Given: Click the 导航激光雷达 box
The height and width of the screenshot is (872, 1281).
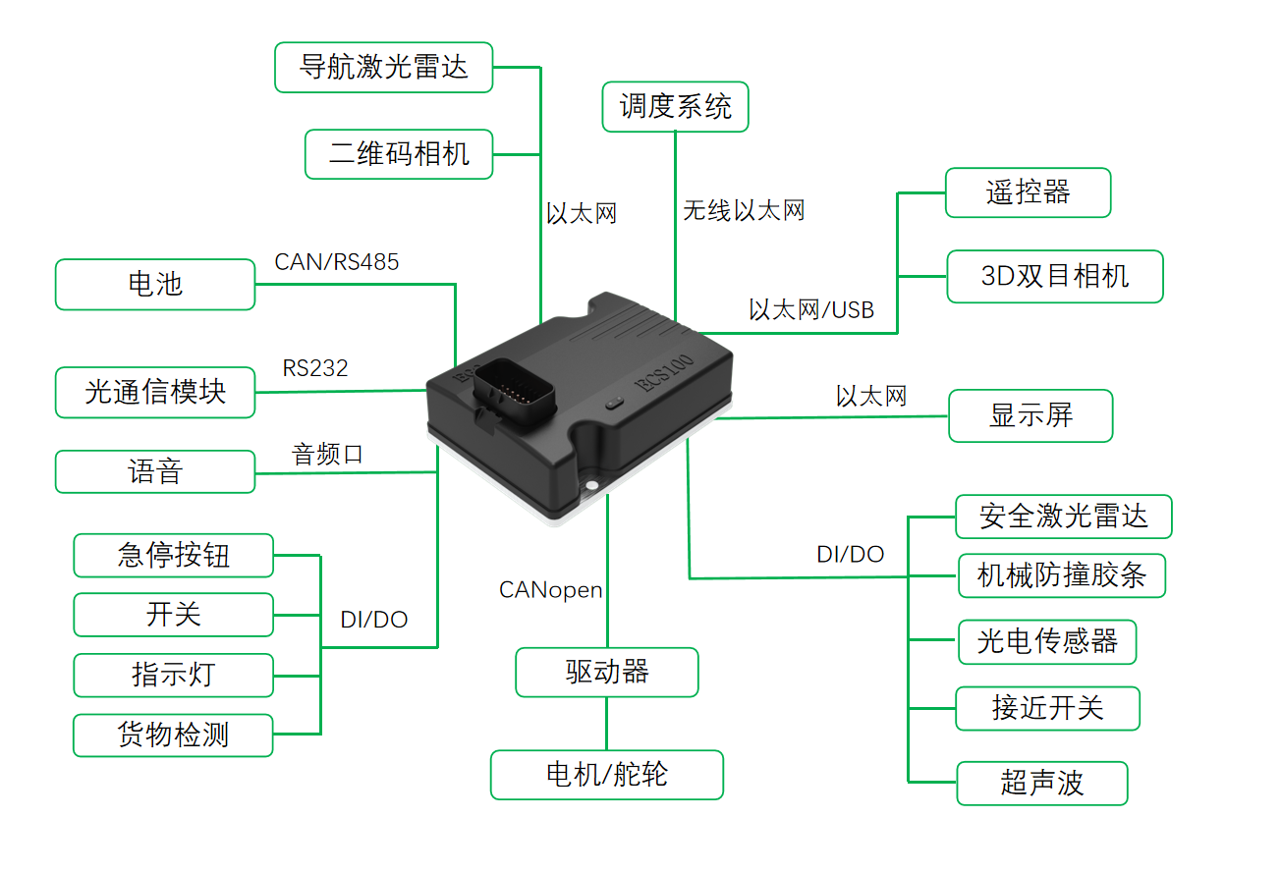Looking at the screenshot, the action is tap(384, 68).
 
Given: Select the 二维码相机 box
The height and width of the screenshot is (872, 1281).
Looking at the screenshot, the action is tap(399, 154).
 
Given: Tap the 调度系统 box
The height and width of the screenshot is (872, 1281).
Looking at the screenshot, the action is tap(676, 107).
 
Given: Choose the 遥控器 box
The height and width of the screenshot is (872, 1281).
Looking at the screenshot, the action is tap(1029, 192).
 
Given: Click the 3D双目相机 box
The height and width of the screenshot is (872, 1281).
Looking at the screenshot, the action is tap(1055, 276).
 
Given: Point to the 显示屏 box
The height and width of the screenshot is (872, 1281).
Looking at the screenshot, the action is tap(1031, 415).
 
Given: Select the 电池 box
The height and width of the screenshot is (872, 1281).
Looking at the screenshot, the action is tap(155, 285).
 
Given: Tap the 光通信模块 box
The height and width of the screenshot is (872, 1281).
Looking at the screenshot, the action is tap(155, 392).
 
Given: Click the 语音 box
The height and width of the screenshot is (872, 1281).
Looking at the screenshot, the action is tap(155, 471).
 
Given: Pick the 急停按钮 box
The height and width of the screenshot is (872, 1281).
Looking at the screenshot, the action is tap(173, 555).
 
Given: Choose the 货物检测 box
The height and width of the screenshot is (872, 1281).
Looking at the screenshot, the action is tap(173, 736).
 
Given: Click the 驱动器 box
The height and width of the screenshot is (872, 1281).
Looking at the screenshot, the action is tap(607, 673).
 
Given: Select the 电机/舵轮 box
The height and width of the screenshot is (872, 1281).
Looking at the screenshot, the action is tap(607, 775).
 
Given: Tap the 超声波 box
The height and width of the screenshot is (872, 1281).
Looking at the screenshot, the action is tap(1042, 784).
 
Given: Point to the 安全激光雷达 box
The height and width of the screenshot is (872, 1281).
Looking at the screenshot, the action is tap(1064, 517).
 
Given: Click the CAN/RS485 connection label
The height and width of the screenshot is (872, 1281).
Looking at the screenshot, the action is tap(336, 262).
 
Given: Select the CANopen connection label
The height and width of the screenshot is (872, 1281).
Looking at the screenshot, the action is tap(551, 590).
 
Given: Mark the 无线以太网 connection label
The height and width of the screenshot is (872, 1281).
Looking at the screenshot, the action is tap(744, 210).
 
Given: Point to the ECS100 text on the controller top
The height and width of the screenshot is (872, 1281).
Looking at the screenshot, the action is tap(664, 372).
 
